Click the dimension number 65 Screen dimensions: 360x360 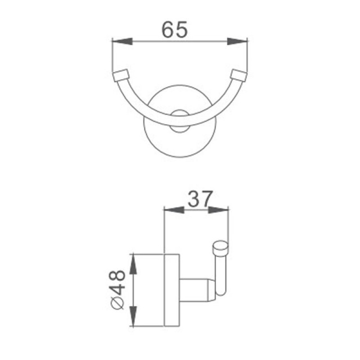pyautogui.click(x=175, y=29)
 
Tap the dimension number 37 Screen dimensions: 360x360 pyautogui.click(x=199, y=199)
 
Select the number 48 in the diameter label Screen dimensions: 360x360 pyautogui.click(x=118, y=283)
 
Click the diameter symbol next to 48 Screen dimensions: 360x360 pyautogui.click(x=117, y=303)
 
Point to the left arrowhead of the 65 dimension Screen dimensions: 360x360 pyautogui.click(x=122, y=41)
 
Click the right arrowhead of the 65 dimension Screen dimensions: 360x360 pyautogui.click(x=238, y=41)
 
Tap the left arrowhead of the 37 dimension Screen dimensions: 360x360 pyautogui.click(x=174, y=210)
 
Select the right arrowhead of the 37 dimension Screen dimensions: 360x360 pyautogui.click(x=218, y=210)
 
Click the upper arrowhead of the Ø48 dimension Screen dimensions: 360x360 pyautogui.click(x=133, y=264)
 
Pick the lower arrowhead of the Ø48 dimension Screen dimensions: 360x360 pyautogui.click(x=133, y=316)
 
